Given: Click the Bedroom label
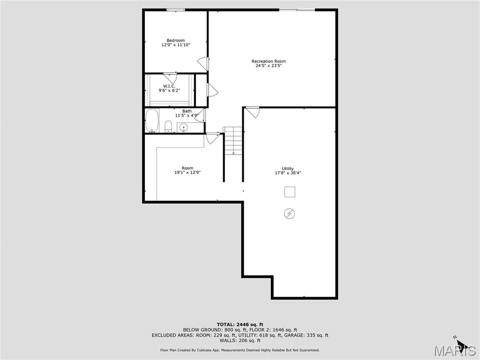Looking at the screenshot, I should coord(176,40).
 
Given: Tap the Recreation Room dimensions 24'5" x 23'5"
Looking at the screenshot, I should coord(269,66).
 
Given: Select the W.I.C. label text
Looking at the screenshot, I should coord(169,86).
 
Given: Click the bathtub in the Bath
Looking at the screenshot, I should coord(152,121).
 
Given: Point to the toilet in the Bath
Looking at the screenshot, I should coord(168,126).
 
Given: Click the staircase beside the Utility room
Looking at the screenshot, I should coord(233,141).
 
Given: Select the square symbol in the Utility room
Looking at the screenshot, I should coord(290,192).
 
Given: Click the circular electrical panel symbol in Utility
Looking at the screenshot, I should coord(290,214).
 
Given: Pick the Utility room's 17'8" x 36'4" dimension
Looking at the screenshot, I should coord(288,173).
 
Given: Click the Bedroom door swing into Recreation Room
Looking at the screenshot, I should coord(203,64).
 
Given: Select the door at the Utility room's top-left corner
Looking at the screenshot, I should coord(253,112).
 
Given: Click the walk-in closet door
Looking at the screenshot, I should coord(170,78).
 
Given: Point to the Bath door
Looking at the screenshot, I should coord(200,114).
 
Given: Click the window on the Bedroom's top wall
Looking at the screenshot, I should coord(176,9).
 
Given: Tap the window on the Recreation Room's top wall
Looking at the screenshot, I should coord(297,9).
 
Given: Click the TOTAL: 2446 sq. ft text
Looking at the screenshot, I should coord(240,324).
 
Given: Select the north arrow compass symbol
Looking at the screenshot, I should coord(460,345).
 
